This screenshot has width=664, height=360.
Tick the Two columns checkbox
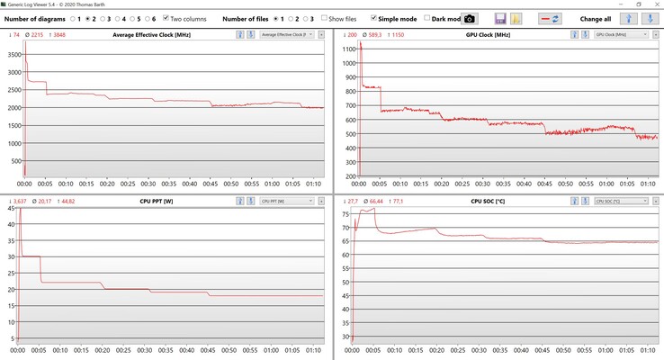pyautogui.click(x=166, y=18)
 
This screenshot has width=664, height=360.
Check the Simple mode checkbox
pyautogui.click(x=374, y=18)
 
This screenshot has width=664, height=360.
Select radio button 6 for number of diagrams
pyautogui.click(x=145, y=18)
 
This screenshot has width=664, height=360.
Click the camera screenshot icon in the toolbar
pyautogui.click(x=469, y=18)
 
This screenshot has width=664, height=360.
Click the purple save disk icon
pyautogui.click(x=500, y=18)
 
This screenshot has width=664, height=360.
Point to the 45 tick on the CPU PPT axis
pyautogui.click(x=10, y=209)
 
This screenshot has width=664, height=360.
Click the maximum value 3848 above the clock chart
pyautogui.click(x=58, y=34)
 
